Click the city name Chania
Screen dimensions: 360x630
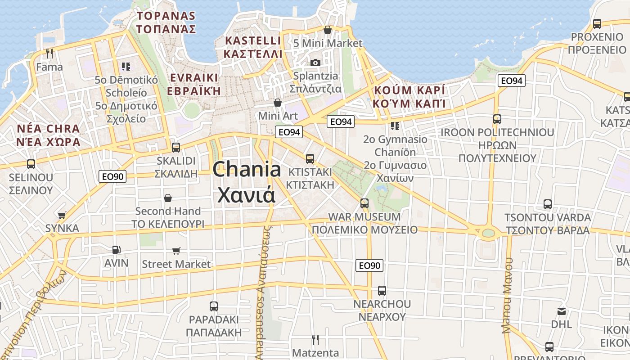tap(247, 170)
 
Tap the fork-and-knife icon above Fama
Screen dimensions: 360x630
tap(49, 54)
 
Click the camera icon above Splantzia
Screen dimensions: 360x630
tap(315, 63)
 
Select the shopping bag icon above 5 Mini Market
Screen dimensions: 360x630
tap(328, 30)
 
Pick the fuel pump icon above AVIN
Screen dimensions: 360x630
tap(116, 249)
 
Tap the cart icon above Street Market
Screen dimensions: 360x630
tap(176, 251)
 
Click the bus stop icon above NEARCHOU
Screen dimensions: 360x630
tap(382, 291)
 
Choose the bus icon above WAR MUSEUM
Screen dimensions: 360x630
tap(364, 203)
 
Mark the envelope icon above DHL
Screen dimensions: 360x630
tap(561, 311)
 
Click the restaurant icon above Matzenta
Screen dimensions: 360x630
tap(315, 339)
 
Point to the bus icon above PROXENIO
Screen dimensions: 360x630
tap(597, 24)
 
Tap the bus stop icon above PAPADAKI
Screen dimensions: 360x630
tap(214, 306)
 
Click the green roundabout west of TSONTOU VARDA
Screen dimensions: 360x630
tap(488, 233)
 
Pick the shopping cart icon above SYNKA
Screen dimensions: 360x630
tap(62, 215)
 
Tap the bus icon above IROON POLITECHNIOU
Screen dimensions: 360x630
tap(497, 119)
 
